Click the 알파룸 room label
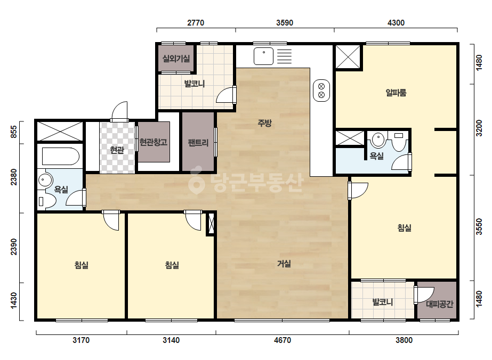(x=396, y=93)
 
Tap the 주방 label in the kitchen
(x=264, y=123)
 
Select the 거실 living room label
(x=284, y=264)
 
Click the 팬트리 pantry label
(x=198, y=143)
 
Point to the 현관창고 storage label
(x=154, y=142)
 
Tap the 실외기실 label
(x=176, y=59)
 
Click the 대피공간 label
(x=440, y=304)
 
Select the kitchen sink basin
(x=263, y=56)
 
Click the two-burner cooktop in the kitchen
(x=321, y=91)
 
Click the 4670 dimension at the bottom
(x=283, y=340)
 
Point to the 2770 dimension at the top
(x=196, y=22)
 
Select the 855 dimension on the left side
(x=13, y=132)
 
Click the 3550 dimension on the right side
(x=479, y=226)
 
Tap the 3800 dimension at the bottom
(x=404, y=340)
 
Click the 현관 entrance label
(x=117, y=150)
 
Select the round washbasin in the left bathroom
(x=43, y=180)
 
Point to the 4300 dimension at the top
(x=396, y=22)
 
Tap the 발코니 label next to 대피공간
(x=383, y=302)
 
